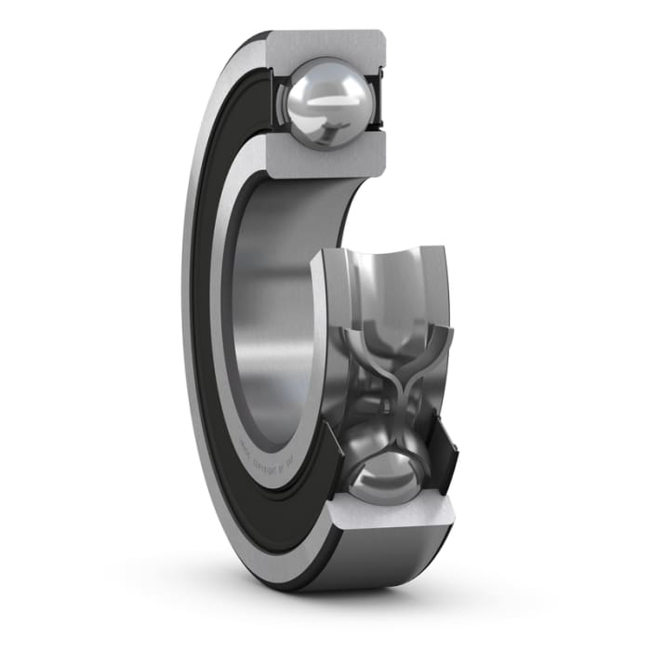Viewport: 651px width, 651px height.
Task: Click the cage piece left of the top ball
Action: point(276,100)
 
